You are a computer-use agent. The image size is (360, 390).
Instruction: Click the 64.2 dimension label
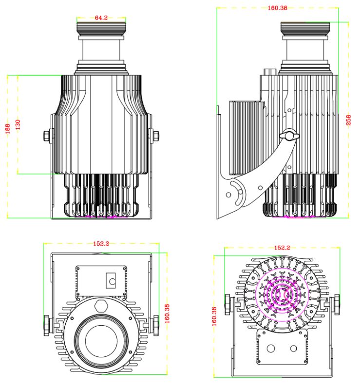101,18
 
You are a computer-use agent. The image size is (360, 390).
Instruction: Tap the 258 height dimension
348,120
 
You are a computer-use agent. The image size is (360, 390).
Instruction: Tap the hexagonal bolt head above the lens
102,306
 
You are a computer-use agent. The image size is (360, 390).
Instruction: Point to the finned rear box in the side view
246,136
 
